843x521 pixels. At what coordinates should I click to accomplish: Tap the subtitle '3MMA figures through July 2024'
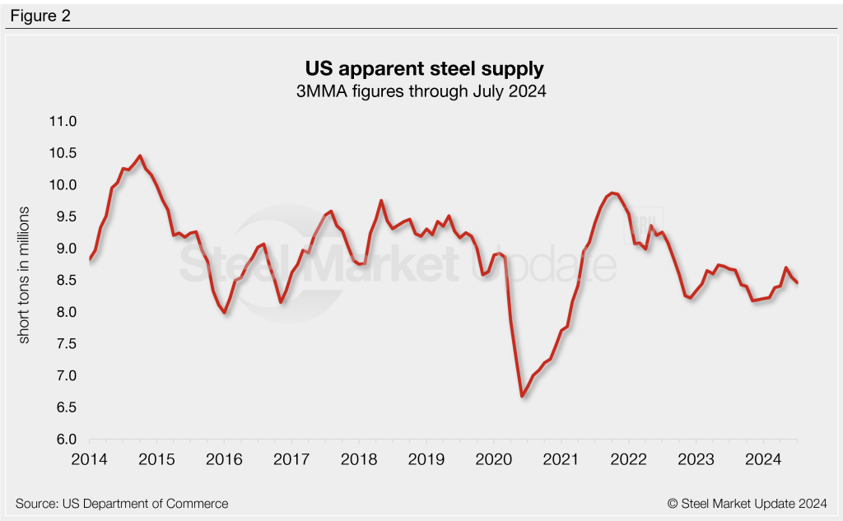point(421,91)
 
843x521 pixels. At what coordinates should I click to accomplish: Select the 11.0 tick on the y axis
point(63,121)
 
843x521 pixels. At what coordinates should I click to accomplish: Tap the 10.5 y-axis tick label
point(63,153)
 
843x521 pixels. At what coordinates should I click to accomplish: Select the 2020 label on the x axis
point(493,458)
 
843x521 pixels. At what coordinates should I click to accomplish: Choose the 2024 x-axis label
point(762,458)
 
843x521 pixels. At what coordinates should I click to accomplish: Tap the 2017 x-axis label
point(291,458)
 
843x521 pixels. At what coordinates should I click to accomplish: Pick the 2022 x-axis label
point(628,458)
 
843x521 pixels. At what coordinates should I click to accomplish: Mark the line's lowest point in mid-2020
point(522,396)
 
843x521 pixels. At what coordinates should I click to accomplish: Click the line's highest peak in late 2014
point(140,156)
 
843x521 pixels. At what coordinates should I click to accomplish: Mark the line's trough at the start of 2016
point(224,313)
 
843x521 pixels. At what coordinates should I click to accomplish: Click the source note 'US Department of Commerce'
point(121,503)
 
